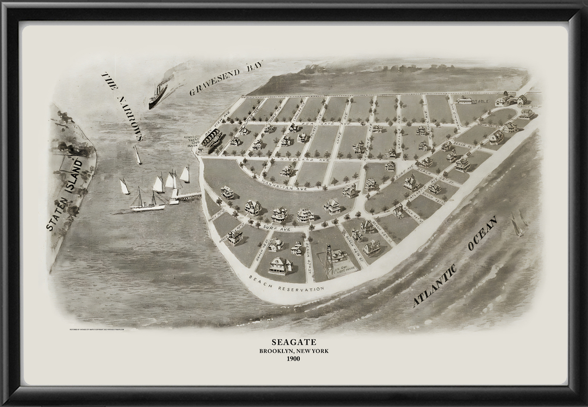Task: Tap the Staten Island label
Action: pyautogui.click(x=64, y=194)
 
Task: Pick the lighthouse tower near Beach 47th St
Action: pyautogui.click(x=329, y=261)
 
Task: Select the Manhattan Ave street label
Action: pyautogui.click(x=289, y=185)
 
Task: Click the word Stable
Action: pyautogui.click(x=482, y=102)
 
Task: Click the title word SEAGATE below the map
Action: pyautogui.click(x=294, y=342)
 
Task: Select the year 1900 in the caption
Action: pyautogui.click(x=294, y=359)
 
